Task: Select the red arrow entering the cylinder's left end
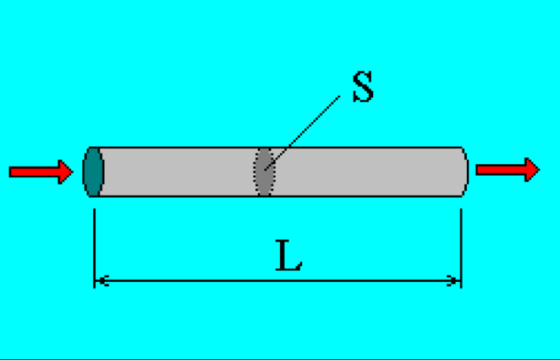click(40, 171)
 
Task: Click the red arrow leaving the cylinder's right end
click(507, 169)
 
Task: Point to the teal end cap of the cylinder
click(93, 172)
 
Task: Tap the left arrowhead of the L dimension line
click(101, 281)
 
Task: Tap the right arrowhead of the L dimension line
click(454, 281)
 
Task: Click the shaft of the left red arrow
click(32, 171)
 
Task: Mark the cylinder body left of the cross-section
click(176, 172)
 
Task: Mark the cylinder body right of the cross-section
click(369, 172)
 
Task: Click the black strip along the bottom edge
click(280, 358)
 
